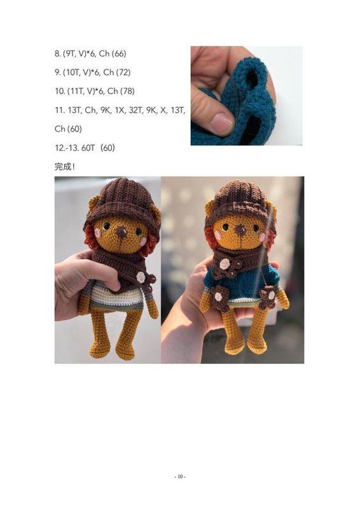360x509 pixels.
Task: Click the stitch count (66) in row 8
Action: tap(119, 53)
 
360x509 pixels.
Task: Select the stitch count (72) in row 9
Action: tap(123, 73)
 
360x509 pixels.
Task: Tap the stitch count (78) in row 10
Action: tap(127, 91)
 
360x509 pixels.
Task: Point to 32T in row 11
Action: tap(136, 110)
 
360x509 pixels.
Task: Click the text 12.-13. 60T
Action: tap(75, 148)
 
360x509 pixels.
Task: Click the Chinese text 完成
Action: tap(63, 167)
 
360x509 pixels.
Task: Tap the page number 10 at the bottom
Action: tap(180, 477)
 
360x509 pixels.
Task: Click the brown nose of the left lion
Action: tap(121, 232)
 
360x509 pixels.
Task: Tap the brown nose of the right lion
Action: tap(241, 230)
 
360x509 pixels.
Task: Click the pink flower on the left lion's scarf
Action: tap(141, 277)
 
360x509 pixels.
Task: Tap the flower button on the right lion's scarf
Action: tap(225, 264)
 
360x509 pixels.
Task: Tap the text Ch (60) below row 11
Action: tap(68, 129)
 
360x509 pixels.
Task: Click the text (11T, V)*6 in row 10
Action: tap(86, 91)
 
